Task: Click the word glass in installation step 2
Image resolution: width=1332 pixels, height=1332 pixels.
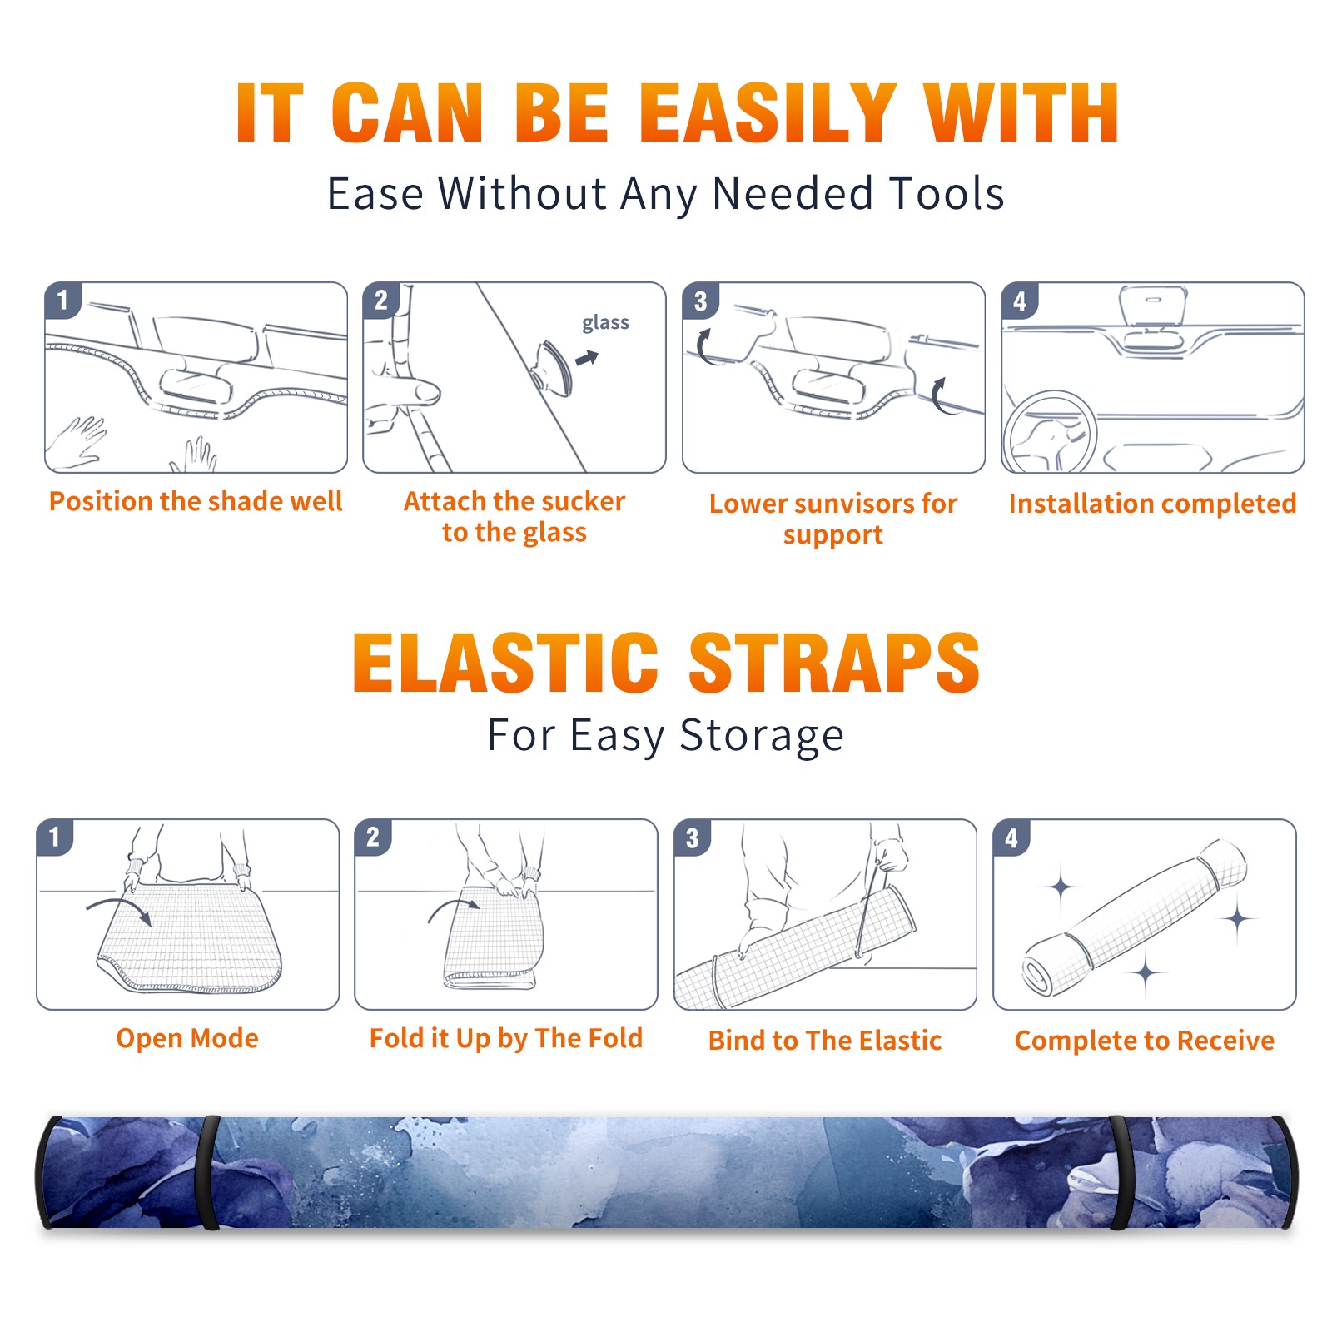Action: tap(605, 323)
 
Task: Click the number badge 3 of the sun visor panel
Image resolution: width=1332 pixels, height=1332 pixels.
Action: tap(700, 301)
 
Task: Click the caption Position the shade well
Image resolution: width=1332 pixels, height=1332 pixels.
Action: tap(196, 501)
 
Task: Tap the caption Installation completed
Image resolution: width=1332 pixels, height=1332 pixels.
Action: tap(1152, 503)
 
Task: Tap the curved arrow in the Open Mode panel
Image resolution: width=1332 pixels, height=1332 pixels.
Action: tap(119, 909)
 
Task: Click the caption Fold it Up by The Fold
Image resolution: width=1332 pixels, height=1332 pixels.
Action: tap(506, 1038)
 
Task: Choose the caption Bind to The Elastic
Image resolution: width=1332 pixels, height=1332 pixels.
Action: tap(825, 1040)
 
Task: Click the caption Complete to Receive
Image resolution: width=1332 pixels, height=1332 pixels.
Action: tap(1145, 1040)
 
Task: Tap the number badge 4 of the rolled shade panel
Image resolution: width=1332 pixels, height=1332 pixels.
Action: tap(1011, 838)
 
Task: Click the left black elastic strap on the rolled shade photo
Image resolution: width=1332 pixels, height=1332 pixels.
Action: tap(209, 1172)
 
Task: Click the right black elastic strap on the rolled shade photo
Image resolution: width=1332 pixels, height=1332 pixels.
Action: tap(1121, 1172)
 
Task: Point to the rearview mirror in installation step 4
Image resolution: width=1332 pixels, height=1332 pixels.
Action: tap(1153, 306)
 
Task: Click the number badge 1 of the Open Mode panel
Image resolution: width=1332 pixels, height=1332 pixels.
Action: tap(55, 837)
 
